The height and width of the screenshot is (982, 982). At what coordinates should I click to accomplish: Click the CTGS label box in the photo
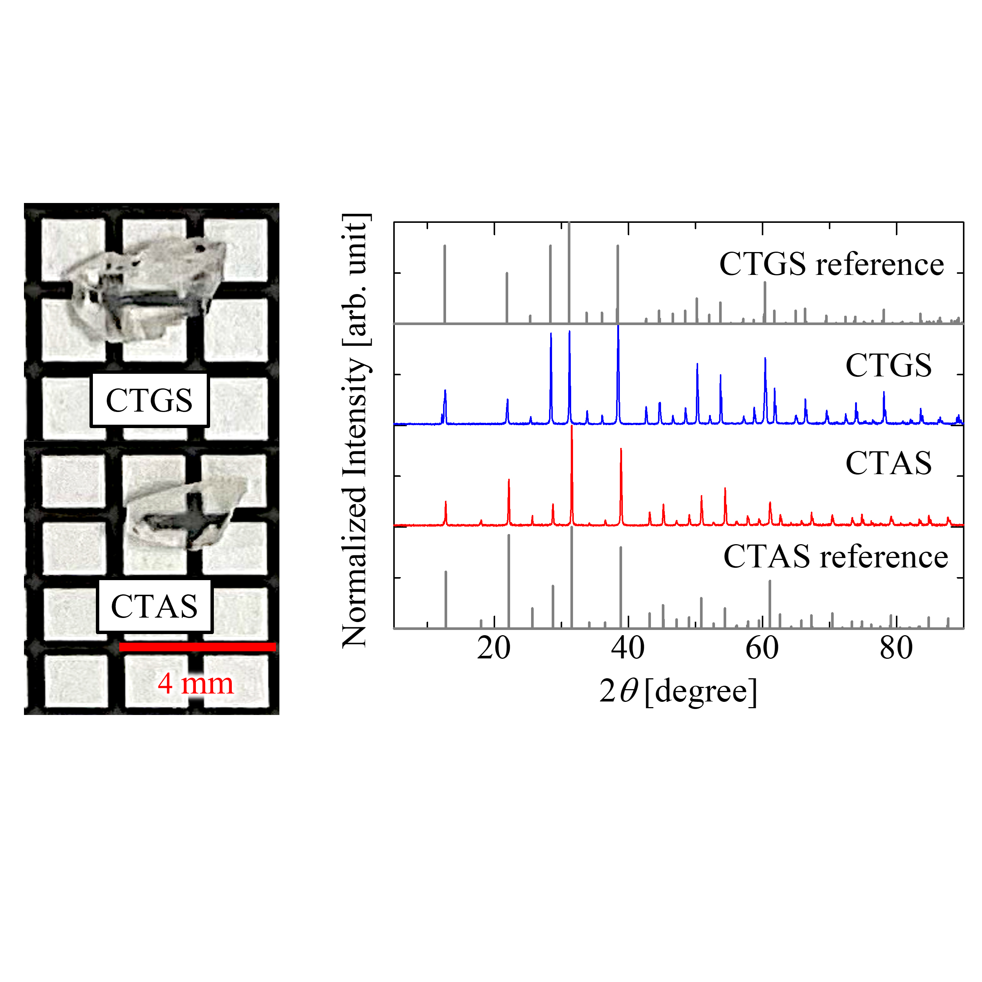pos(149,400)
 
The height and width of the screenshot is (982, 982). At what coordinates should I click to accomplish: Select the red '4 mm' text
pos(196,683)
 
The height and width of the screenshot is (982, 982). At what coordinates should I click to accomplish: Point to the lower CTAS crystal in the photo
pos(185,513)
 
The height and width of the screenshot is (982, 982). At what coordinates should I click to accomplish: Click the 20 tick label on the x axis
pos(494,649)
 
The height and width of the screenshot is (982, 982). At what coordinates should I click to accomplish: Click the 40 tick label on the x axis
pos(628,649)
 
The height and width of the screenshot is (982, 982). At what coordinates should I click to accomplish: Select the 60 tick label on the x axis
pos(762,649)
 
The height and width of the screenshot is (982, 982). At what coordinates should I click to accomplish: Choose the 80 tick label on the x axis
pos(896,649)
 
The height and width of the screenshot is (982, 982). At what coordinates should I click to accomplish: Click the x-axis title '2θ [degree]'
pos(678,691)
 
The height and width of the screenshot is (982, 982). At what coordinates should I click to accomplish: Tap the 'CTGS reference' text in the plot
pos(831,264)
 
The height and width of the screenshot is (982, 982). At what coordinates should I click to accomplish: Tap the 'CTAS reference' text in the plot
pos(836,557)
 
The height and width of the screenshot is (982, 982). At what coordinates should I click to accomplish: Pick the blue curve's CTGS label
pos(888,365)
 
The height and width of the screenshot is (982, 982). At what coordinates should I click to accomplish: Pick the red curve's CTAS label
pos(888,463)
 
